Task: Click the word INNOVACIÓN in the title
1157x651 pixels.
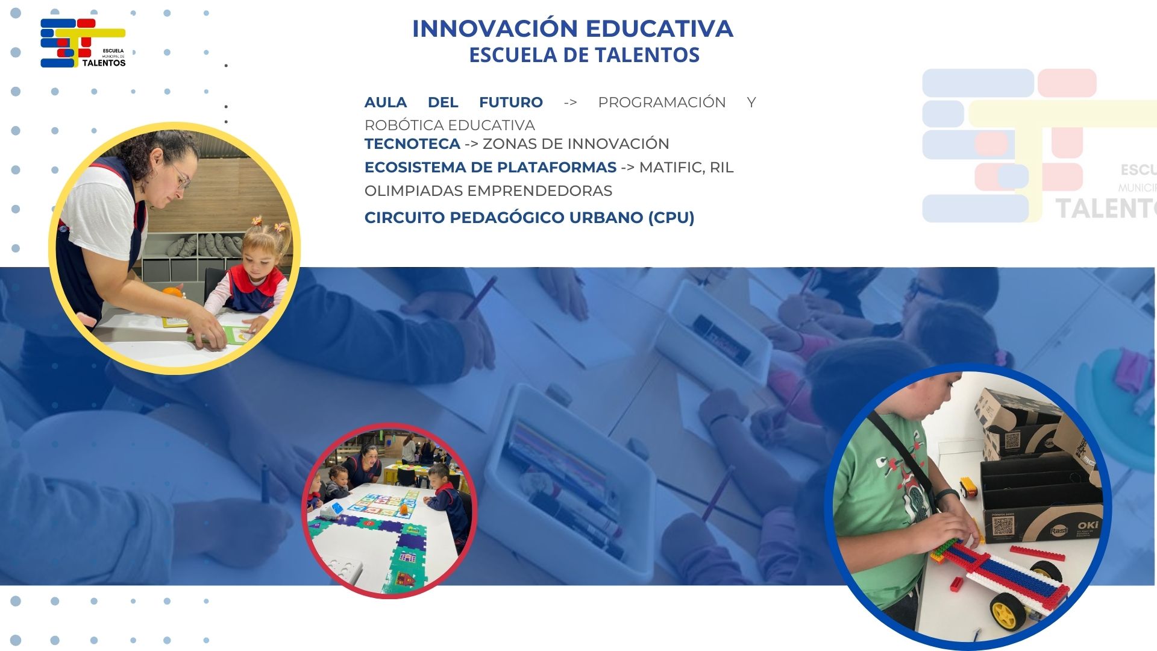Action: tap(495, 28)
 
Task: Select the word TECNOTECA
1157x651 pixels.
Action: tap(412, 143)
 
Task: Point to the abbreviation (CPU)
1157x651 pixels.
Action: tap(671, 218)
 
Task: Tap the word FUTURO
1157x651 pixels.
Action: tap(511, 102)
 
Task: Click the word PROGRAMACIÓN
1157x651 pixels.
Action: tap(662, 102)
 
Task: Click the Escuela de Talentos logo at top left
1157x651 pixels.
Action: tap(83, 43)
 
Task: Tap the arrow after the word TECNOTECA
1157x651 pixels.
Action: tap(471, 144)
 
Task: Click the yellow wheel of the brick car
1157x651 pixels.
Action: tap(1005, 612)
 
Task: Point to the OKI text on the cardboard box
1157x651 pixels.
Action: tap(1088, 525)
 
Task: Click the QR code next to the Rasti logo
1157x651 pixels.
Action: tap(1003, 526)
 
